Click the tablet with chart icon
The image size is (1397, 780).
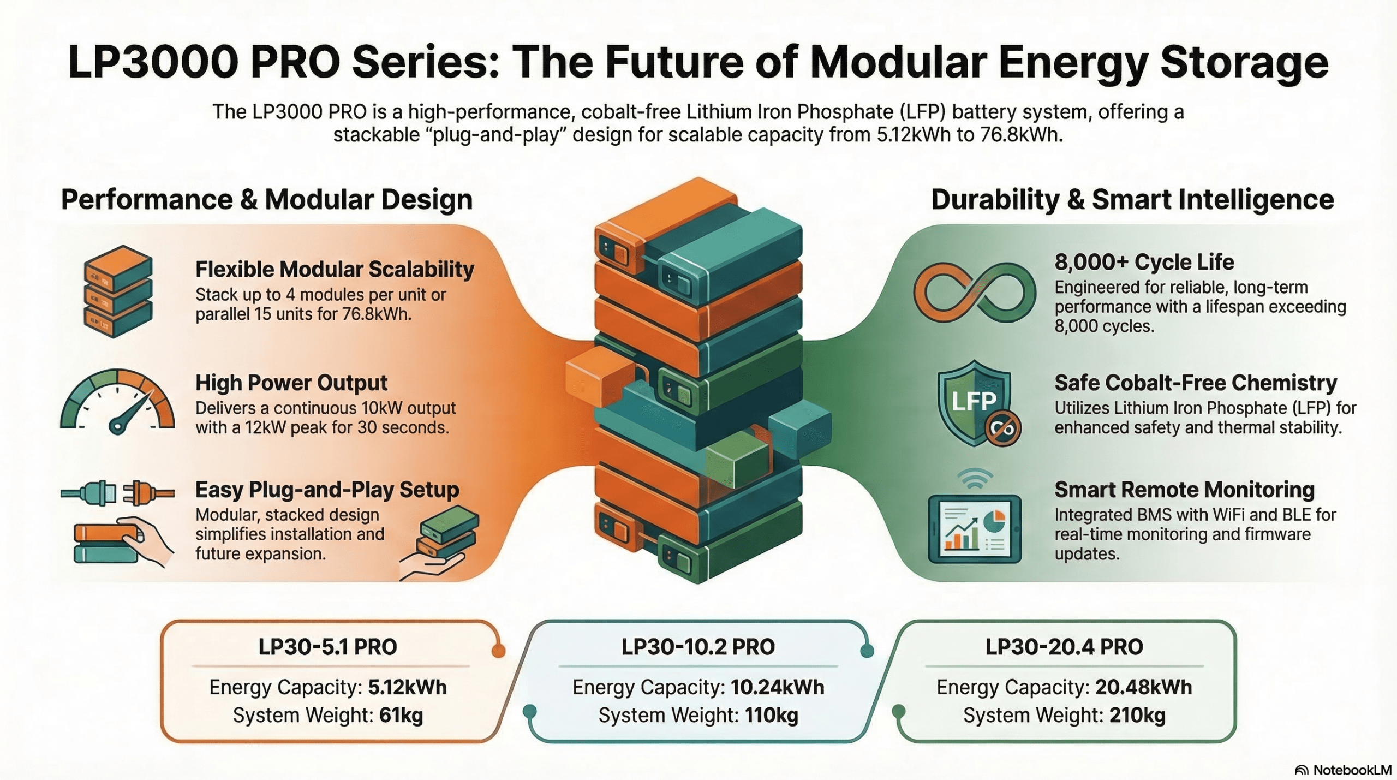(975, 528)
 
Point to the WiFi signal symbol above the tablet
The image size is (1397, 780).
(975, 479)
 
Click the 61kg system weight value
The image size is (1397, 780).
(401, 715)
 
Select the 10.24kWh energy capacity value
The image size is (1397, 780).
(777, 687)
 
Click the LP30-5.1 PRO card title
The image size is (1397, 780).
(327, 647)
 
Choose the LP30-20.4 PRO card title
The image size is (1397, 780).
(1064, 647)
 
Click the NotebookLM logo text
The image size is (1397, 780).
(1352, 770)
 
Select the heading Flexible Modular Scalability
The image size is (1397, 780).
(335, 269)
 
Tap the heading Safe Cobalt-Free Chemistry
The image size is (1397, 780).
(1196, 383)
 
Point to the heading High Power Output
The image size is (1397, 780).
(291, 383)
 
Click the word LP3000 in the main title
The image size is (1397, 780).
(153, 62)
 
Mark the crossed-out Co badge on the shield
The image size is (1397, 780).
(1003, 429)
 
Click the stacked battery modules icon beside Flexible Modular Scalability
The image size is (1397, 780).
(118, 291)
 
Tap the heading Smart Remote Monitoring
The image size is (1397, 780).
(1184, 490)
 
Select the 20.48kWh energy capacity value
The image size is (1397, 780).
(1143, 687)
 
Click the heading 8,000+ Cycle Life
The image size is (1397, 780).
(1144, 262)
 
